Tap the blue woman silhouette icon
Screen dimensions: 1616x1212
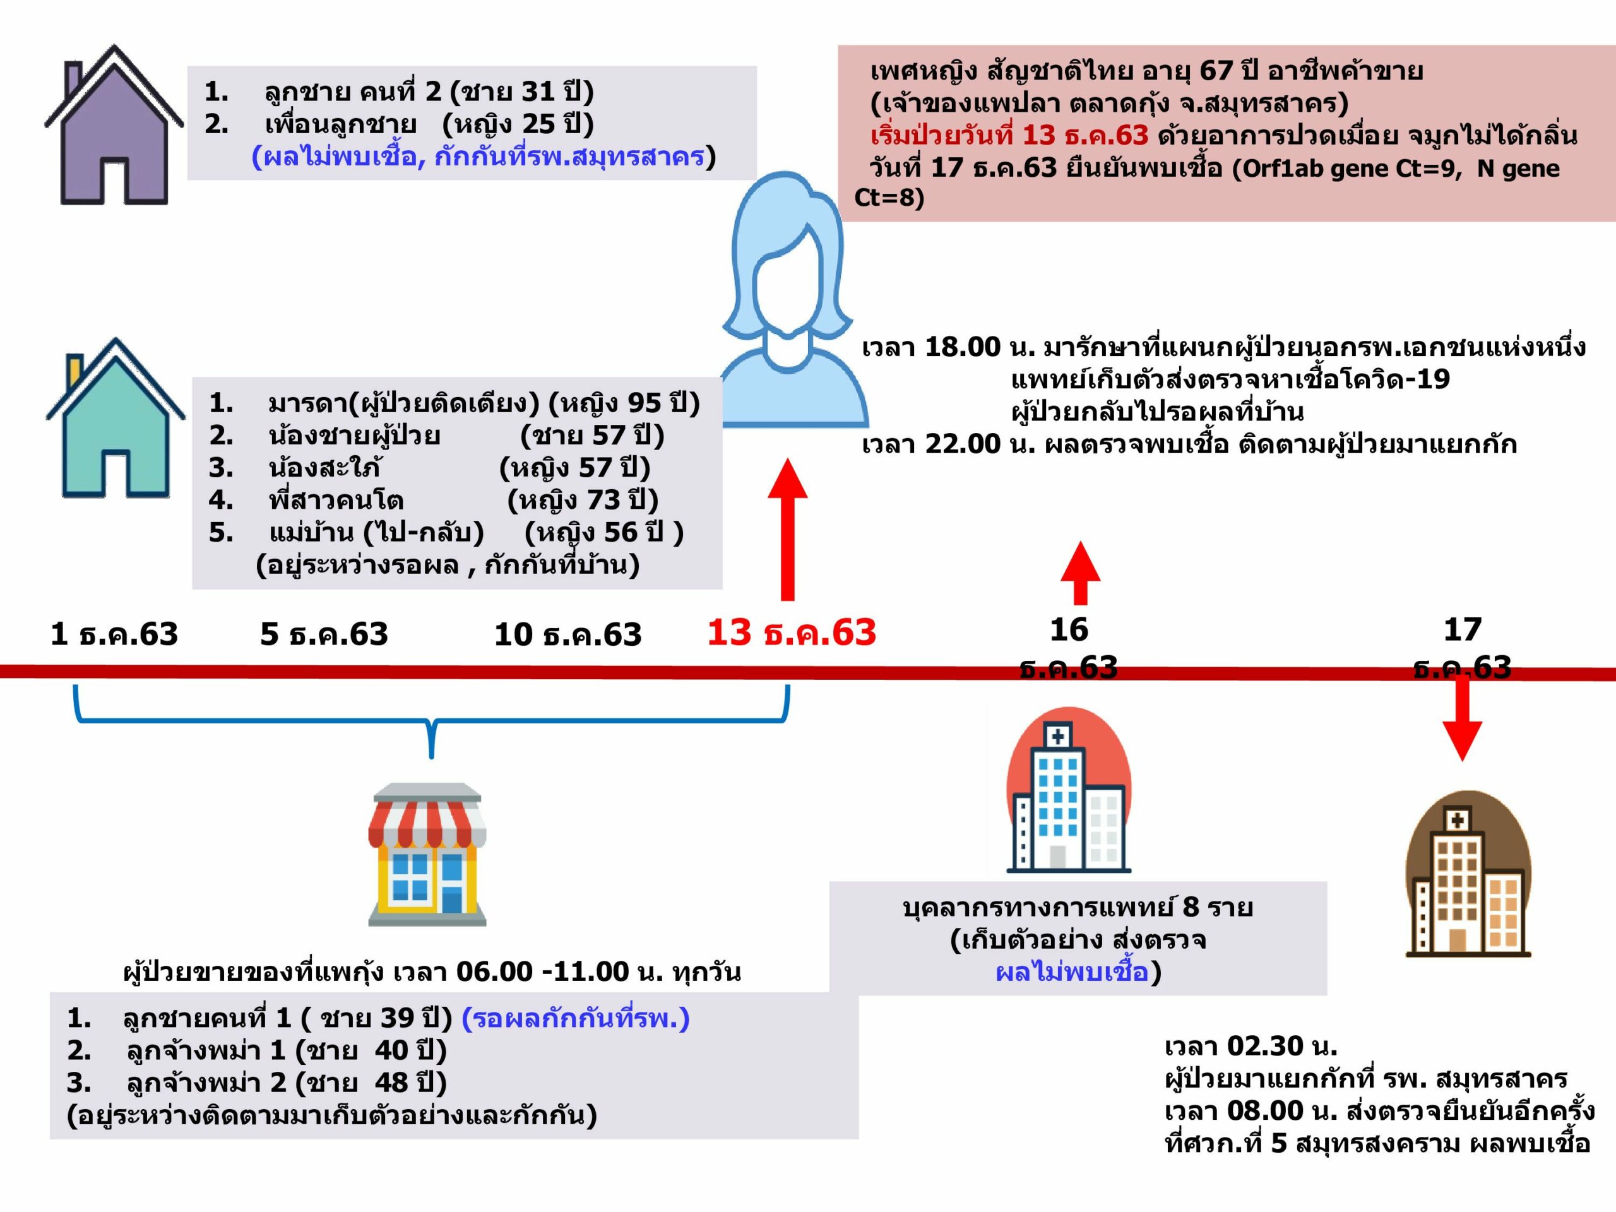click(x=795, y=300)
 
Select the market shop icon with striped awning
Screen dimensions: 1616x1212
click(x=427, y=855)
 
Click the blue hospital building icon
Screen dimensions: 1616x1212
click(x=1069, y=790)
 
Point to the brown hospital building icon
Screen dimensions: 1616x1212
click(x=1468, y=874)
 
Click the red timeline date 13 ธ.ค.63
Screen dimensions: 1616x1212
click(x=791, y=633)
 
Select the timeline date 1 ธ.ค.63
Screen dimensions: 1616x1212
click(x=114, y=634)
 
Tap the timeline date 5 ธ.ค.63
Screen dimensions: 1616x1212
click(x=324, y=634)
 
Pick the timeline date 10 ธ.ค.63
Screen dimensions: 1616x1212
click(x=567, y=634)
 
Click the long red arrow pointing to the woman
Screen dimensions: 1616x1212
click(x=788, y=530)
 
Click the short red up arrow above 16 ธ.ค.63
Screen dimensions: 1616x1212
click(x=1081, y=573)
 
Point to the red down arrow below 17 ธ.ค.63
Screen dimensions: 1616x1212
click(x=1462, y=719)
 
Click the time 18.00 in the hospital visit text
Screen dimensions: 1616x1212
click(x=962, y=347)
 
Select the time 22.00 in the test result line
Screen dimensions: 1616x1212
click(x=962, y=443)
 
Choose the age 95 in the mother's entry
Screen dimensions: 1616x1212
click(x=645, y=403)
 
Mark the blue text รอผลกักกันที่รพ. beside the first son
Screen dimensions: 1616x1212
click(x=576, y=1018)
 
